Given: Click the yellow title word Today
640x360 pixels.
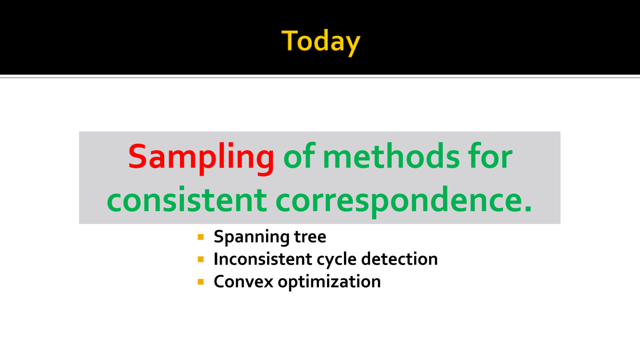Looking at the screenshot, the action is click(321, 42).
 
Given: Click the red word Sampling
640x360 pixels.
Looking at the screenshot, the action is click(201, 158).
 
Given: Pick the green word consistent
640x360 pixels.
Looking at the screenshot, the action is click(187, 199).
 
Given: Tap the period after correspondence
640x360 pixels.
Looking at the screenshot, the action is click(528, 208).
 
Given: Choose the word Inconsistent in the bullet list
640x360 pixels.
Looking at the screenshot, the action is click(262, 259).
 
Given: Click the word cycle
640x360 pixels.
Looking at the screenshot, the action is click(336, 260).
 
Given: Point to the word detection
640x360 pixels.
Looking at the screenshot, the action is click(399, 259).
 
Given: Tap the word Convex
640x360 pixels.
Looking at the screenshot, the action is click(243, 281).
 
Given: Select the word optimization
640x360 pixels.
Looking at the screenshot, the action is click(329, 282).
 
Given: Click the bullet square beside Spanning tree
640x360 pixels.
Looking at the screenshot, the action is click(200, 237).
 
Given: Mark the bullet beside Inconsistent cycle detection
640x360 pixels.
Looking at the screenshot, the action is click(200, 259).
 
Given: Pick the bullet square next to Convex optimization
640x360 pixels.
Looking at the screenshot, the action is click(200, 281).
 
